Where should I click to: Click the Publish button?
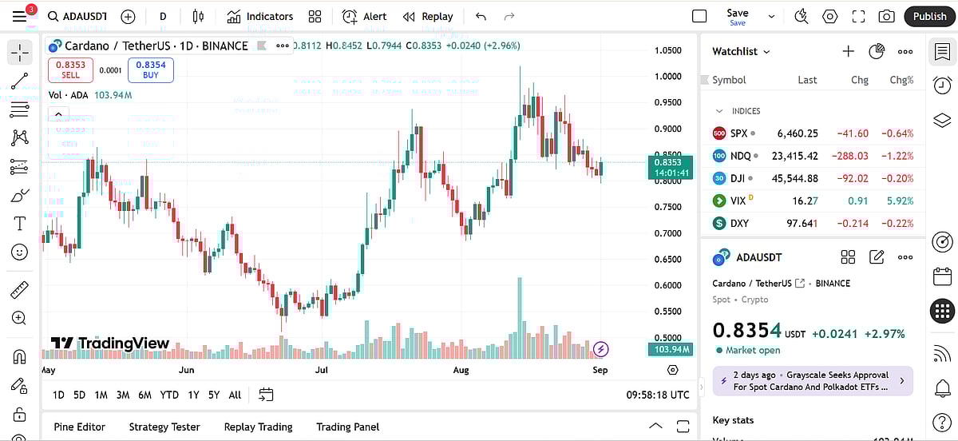[x=929, y=16]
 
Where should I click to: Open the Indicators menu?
[x=260, y=16]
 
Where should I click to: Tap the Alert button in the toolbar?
[x=365, y=16]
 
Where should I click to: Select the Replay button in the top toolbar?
[x=428, y=16]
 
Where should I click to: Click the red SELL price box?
[x=70, y=70]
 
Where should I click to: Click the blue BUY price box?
[x=150, y=70]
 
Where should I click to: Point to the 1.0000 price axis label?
[x=667, y=77]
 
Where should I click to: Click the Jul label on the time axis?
[x=322, y=370]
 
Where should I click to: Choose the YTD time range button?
[x=169, y=395]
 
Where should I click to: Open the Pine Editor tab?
[x=80, y=427]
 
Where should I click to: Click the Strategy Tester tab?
[x=164, y=427]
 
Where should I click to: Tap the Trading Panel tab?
[x=348, y=427]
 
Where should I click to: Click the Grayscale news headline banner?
[x=813, y=380]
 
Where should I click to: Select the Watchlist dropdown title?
[x=741, y=51]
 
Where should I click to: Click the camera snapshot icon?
[x=886, y=16]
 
